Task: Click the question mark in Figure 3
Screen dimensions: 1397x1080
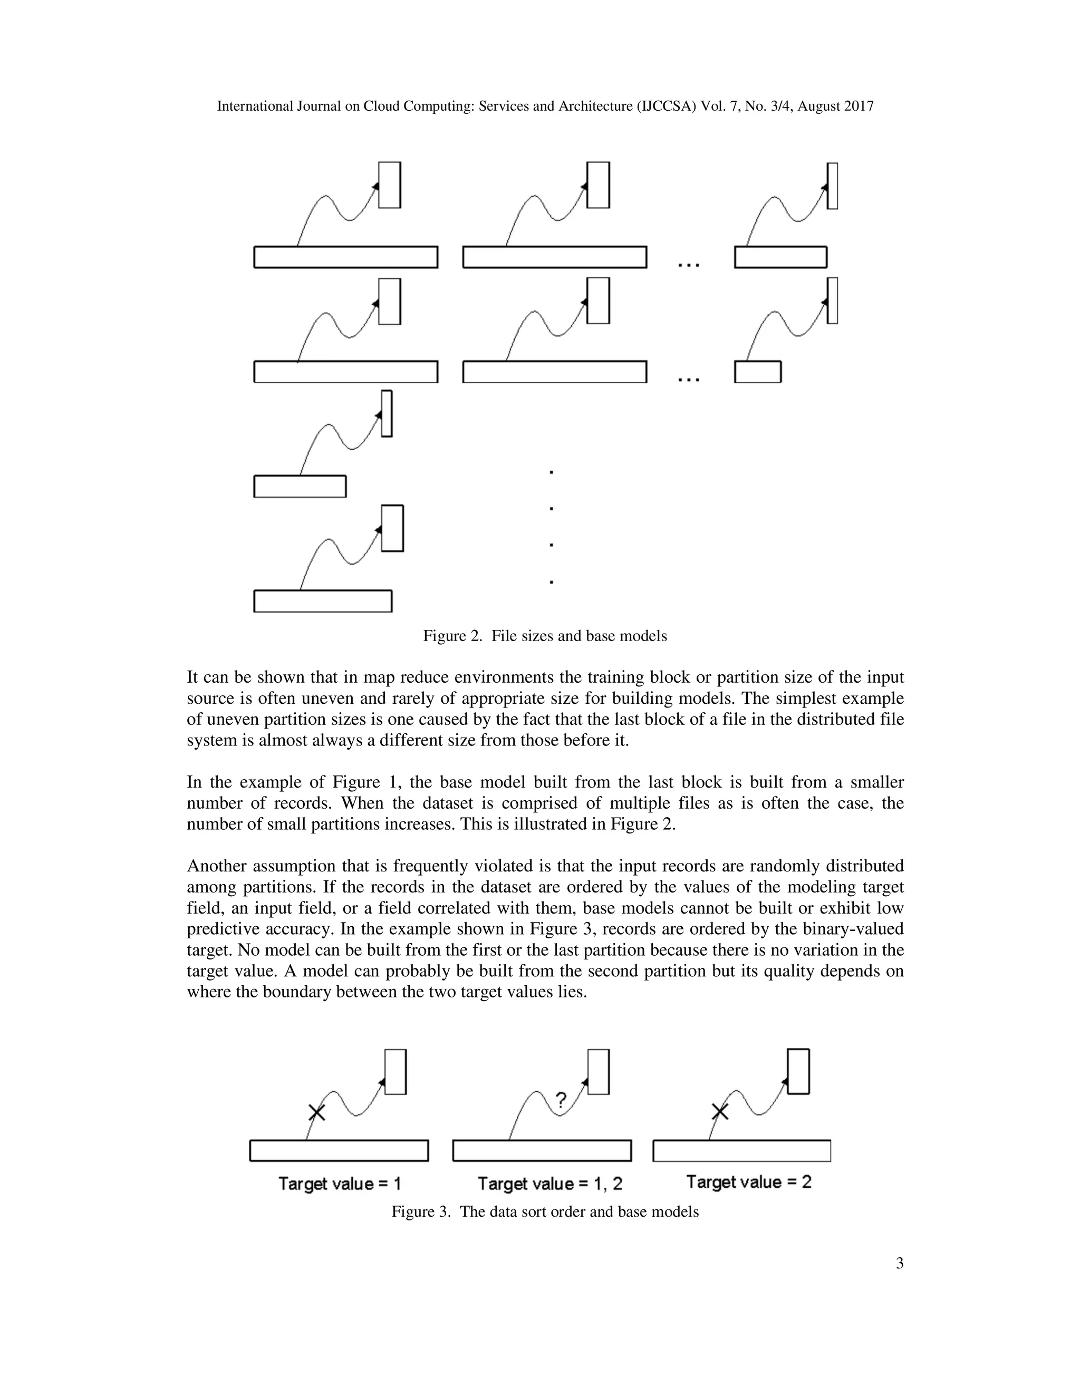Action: click(561, 1100)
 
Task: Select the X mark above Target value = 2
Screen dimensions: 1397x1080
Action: click(720, 1112)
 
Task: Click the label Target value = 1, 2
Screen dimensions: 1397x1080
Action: click(549, 1184)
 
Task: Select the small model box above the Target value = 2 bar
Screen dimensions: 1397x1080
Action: click(798, 1071)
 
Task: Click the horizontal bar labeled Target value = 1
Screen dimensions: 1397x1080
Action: click(339, 1150)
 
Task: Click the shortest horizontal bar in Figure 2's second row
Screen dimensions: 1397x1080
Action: click(758, 372)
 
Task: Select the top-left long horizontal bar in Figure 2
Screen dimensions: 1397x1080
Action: click(345, 257)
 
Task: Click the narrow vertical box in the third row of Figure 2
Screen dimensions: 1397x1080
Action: click(387, 414)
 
